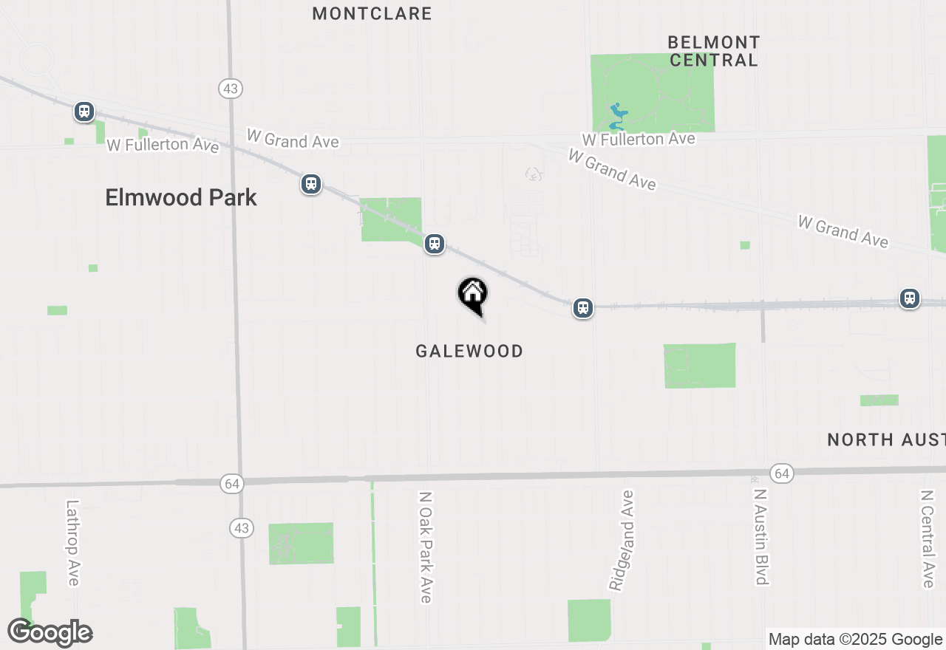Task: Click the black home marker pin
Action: (473, 295)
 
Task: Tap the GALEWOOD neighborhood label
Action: (469, 351)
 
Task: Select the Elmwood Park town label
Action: (181, 197)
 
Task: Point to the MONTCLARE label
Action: (372, 13)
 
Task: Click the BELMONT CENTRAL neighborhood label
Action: (713, 51)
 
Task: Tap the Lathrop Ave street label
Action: (72, 543)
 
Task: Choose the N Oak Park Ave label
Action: (425, 547)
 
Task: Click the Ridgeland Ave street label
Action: (622, 540)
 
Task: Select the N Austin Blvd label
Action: (760, 536)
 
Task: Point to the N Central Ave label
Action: (928, 538)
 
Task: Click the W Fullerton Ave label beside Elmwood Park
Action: (163, 144)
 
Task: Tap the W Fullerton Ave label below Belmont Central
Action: (638, 139)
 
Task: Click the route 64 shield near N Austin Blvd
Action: (781, 473)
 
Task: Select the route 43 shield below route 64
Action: (241, 528)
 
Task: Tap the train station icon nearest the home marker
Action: (435, 244)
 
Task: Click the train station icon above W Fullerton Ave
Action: (84, 112)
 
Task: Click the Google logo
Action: (50, 632)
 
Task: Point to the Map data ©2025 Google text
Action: (855, 640)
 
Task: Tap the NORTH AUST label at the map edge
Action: (885, 439)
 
